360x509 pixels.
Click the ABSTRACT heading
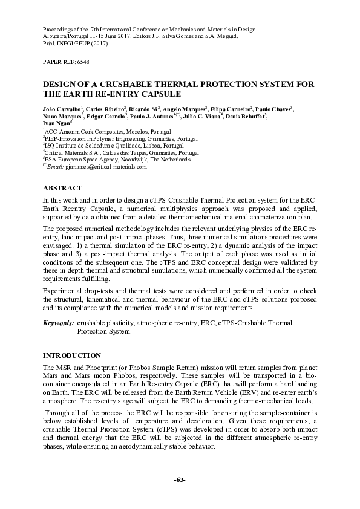tap(62, 188)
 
